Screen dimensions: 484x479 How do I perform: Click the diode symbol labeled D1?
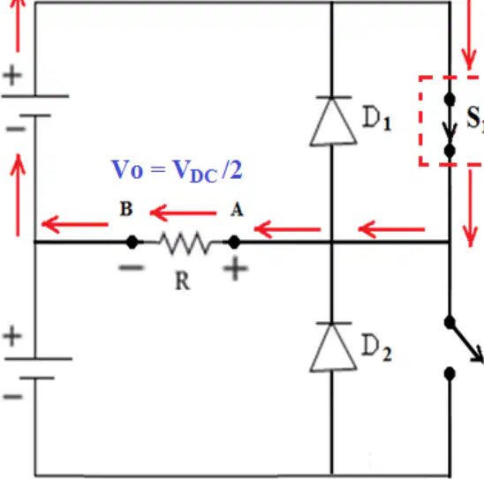[333, 121]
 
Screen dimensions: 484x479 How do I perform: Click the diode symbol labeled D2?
[333, 347]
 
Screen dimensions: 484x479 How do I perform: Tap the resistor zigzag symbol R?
[185, 243]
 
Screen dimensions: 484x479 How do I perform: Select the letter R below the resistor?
[183, 281]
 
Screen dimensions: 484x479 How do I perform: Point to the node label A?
[237, 210]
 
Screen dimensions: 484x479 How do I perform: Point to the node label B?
[126, 209]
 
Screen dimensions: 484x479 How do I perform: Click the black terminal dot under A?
[234, 242]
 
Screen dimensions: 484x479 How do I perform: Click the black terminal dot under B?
[132, 242]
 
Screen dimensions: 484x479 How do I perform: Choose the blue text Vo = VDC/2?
[177, 171]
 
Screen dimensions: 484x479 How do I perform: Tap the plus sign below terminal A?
[235, 268]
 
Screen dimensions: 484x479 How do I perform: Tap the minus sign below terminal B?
[132, 267]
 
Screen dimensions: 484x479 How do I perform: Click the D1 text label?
[376, 119]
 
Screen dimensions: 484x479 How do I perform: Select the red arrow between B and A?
[183, 213]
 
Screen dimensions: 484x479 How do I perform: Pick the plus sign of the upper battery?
[12, 75]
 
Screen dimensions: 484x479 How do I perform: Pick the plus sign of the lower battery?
[12, 336]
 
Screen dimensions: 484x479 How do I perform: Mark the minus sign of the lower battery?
[13, 396]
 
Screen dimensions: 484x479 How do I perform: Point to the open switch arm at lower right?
[466, 341]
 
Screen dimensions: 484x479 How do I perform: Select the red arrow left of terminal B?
[75, 224]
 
